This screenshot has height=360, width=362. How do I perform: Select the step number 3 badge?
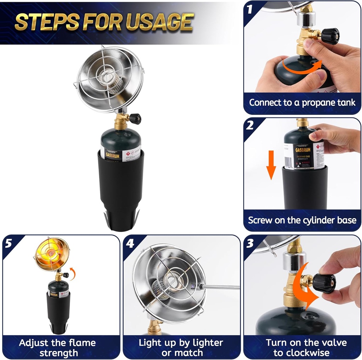coord(250,243)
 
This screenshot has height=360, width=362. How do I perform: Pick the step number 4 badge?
coord(130,243)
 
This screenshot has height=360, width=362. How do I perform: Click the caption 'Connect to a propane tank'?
coord(302,103)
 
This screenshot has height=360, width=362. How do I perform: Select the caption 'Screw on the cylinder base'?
coord(302,220)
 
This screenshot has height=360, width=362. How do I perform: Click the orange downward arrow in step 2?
coord(271,164)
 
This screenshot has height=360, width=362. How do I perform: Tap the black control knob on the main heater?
coord(135,119)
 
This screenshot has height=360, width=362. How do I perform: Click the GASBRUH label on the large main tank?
coord(110,149)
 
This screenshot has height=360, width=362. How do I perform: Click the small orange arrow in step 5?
coord(72,273)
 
